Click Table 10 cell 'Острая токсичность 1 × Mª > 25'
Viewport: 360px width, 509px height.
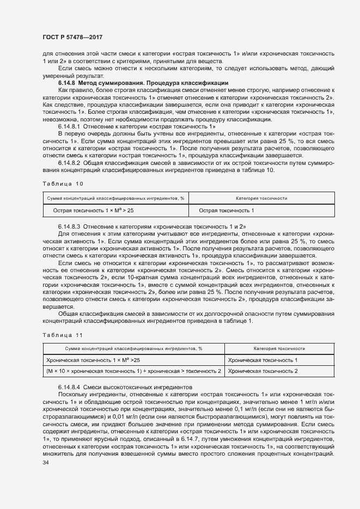point(94,210)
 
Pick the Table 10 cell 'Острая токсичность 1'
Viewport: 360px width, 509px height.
point(226,210)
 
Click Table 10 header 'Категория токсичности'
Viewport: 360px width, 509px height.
point(261,199)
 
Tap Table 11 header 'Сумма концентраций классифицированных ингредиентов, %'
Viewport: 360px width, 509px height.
point(133,348)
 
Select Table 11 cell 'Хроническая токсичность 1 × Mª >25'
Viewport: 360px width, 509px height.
point(93,360)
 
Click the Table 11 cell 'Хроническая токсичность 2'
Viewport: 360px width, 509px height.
point(263,371)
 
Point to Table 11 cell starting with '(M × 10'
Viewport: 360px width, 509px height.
point(133,371)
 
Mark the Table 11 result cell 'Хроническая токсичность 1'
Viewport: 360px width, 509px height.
point(263,360)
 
